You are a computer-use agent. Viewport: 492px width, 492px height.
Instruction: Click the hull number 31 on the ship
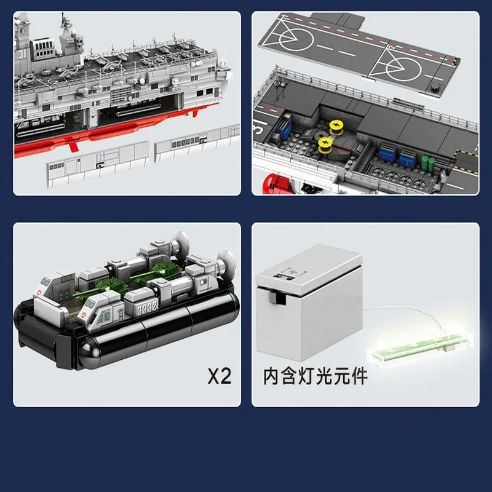[x=22, y=54]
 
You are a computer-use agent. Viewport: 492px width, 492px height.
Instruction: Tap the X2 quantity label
[x=220, y=376]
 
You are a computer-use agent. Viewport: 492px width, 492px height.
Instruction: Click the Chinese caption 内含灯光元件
[x=315, y=376]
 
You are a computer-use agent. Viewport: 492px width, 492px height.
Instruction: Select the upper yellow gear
[x=336, y=128]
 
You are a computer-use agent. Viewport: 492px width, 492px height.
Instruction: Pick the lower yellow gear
[x=325, y=146]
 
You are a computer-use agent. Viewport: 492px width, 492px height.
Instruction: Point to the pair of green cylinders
[x=428, y=164]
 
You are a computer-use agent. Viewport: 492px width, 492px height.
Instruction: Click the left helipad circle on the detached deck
[x=296, y=39]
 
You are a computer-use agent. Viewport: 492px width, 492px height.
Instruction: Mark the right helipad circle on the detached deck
[x=403, y=69]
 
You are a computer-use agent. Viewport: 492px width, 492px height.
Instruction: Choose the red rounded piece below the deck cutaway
[x=277, y=184]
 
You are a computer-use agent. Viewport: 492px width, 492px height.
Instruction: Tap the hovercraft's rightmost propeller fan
[x=226, y=262]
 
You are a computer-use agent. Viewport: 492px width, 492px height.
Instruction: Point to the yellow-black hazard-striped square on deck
[x=466, y=162]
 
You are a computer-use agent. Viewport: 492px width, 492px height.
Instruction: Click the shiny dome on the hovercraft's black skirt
[x=89, y=351]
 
